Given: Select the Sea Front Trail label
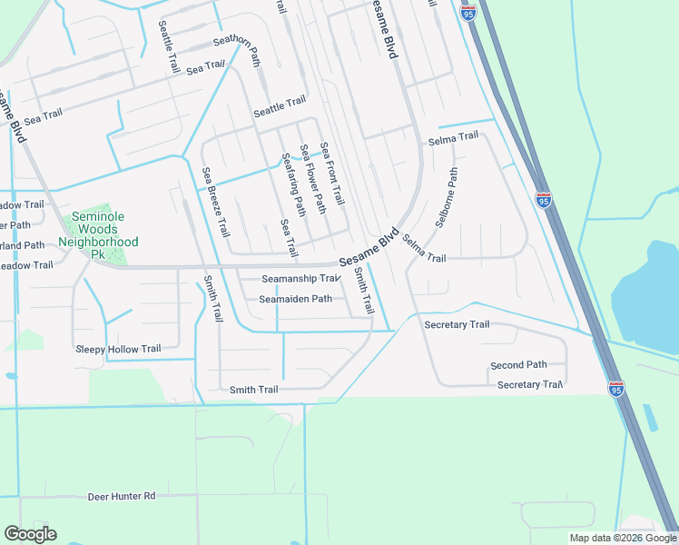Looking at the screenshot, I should (x=331, y=173).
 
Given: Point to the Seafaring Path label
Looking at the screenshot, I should (x=289, y=180).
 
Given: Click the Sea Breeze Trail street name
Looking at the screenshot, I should (x=216, y=203).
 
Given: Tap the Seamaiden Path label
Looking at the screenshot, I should (x=296, y=299).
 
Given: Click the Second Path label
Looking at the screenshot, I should (x=518, y=365).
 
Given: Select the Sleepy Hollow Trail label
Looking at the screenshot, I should (x=118, y=349).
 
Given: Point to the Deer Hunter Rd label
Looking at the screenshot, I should (x=122, y=497).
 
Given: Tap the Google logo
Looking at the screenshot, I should (x=30, y=534).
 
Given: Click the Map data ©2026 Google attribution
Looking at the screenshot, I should (x=623, y=538).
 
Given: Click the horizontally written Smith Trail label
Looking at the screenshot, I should (x=253, y=390).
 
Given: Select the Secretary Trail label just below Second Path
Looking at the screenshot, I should (x=530, y=385).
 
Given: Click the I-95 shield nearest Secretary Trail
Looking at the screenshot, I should (x=615, y=389).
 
